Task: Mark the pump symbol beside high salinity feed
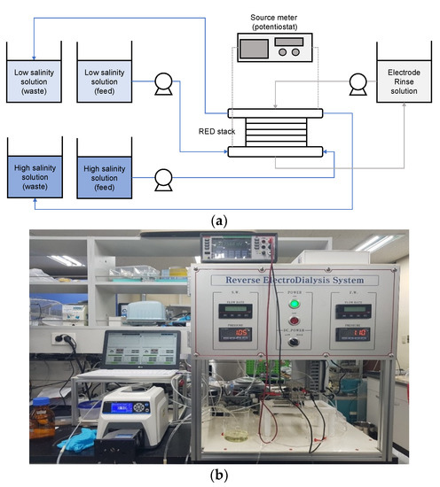click(x=161, y=178)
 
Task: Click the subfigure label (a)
click(x=219, y=216)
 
